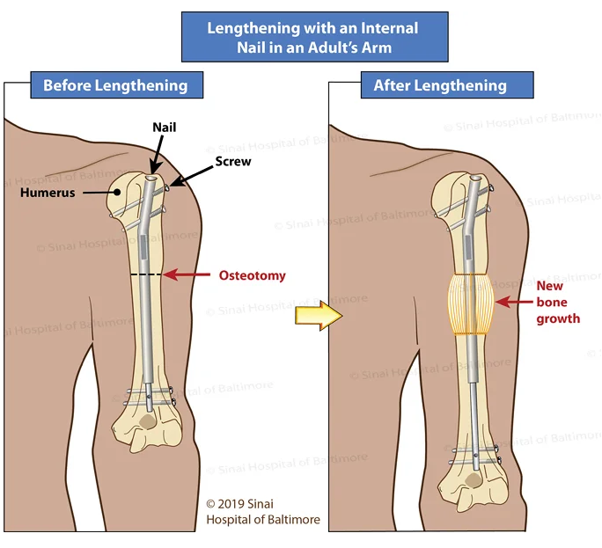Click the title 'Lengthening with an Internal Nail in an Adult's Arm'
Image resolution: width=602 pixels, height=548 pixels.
[x=312, y=38]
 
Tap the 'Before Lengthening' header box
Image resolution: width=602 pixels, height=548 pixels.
[x=117, y=84]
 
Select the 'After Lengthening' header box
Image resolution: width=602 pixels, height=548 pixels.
[x=447, y=84]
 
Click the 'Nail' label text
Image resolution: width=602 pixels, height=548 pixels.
[x=165, y=127]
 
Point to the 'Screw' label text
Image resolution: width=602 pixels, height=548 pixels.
[x=233, y=161]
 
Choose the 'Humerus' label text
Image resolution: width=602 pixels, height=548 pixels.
[x=48, y=193]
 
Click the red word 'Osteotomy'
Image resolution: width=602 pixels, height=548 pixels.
[x=253, y=275]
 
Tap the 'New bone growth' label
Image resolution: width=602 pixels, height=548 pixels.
[x=558, y=302]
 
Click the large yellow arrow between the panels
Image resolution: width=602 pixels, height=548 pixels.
[x=319, y=316]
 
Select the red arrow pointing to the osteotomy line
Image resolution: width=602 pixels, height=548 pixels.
[x=187, y=274]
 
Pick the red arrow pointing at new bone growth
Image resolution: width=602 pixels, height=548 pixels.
[x=514, y=302]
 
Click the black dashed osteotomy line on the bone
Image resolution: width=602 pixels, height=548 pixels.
[x=146, y=274]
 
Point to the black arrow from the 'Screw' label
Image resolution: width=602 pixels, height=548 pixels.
[x=191, y=177]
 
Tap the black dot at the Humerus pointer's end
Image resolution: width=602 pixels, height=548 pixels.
[x=117, y=193]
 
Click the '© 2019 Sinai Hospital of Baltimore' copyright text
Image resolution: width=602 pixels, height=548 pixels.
[x=263, y=512]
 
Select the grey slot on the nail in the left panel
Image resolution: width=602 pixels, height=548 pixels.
[x=143, y=247]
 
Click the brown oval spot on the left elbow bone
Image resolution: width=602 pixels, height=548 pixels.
[x=148, y=421]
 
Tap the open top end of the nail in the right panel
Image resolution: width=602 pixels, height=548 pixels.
[x=476, y=178]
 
